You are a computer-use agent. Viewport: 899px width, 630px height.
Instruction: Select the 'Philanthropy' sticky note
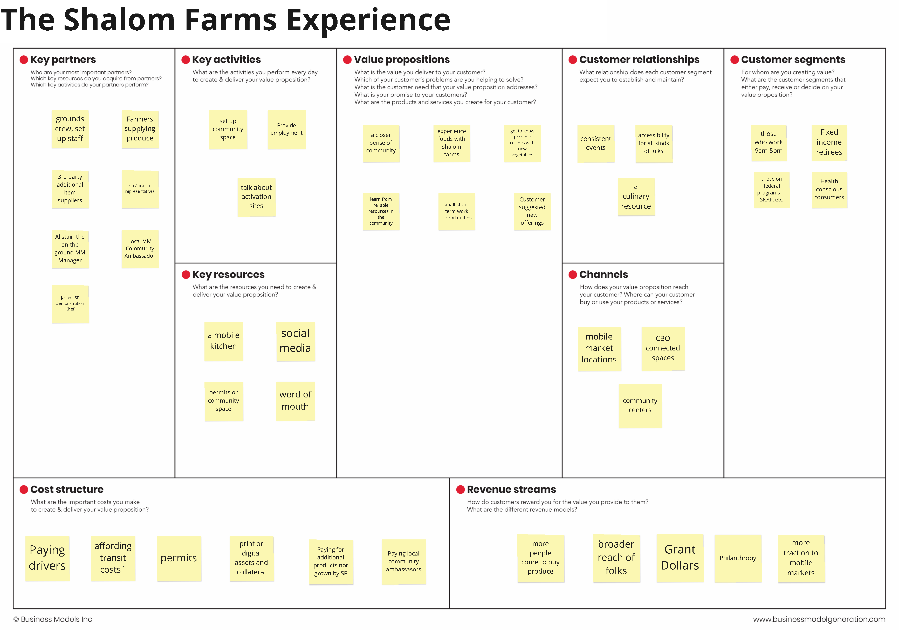pos(738,558)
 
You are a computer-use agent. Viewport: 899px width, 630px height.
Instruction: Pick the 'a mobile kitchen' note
pos(224,341)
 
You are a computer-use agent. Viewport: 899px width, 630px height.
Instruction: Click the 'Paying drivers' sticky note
pos(47,558)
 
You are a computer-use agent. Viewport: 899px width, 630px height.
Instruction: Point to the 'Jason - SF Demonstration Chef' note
pos(70,304)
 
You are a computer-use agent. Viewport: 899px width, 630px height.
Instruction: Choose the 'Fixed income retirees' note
pos(829,142)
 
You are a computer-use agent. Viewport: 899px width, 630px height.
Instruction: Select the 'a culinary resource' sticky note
pos(636,196)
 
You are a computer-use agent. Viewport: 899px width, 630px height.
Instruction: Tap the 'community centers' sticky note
pos(640,405)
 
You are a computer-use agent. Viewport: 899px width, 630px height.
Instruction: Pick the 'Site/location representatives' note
pos(140,189)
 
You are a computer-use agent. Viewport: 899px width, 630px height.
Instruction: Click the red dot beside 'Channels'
pos(572,274)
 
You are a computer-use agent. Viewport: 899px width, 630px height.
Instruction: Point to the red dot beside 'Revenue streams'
pos(461,489)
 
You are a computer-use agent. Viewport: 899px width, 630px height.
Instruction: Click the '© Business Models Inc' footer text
pos(53,619)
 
